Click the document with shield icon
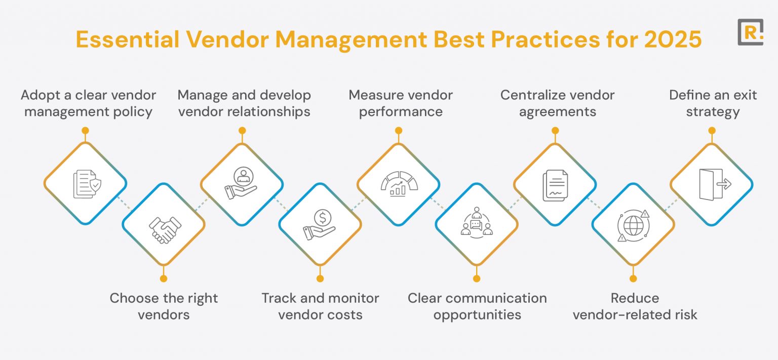point(85,183)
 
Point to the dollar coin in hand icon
point(320,224)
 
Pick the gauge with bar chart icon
point(399,183)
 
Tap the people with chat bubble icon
point(477,224)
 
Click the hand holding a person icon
point(242,183)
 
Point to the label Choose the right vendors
point(164,306)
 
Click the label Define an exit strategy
point(713,103)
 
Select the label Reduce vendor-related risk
point(635,306)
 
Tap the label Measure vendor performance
point(401,103)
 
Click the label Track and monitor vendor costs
point(320,306)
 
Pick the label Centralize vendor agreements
point(557,103)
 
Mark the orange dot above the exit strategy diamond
point(712,131)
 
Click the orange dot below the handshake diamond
point(164,278)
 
